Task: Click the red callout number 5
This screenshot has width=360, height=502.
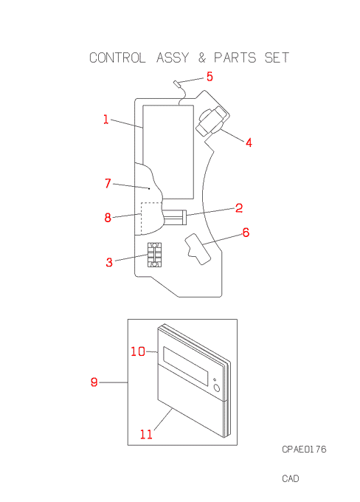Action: pos(210,77)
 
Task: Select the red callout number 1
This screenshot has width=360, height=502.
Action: pos(106,120)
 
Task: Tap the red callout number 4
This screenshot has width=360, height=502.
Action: pos(249,142)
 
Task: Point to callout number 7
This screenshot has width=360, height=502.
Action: pos(108,183)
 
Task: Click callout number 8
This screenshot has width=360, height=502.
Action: pos(108,218)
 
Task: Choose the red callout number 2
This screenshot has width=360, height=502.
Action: pos(239,208)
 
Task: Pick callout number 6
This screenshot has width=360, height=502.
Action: pos(246,233)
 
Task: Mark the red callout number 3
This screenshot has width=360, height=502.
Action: pos(109,262)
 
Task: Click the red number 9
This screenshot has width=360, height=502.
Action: pos(94,382)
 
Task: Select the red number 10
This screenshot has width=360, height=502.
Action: pos(138,351)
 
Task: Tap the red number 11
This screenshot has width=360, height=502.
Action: pos(146,434)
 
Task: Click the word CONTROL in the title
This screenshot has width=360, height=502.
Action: pos(117,58)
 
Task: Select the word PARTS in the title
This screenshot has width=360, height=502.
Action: pos(235,58)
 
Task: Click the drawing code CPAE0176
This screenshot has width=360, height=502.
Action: pos(304,450)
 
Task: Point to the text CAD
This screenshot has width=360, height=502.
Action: pos(291,478)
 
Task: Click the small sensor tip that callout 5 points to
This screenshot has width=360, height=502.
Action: pos(176,84)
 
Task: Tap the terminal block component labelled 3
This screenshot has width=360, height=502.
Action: pos(154,255)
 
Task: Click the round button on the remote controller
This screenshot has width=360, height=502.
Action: pos(217,388)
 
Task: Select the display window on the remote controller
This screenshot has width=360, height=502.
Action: pos(186,366)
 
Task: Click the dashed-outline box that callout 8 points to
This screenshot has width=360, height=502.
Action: pos(142,218)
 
